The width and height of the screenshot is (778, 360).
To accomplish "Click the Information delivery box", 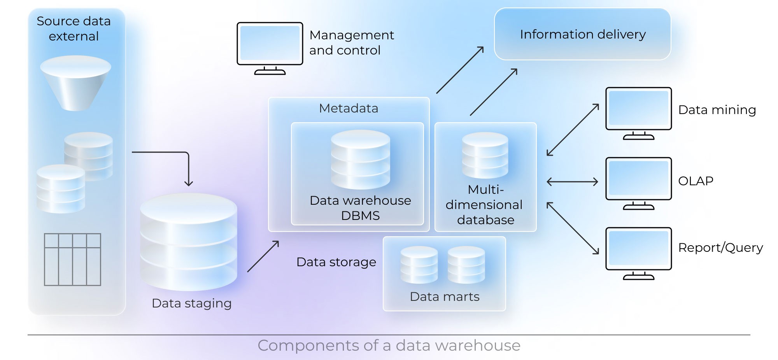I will [x=582, y=34].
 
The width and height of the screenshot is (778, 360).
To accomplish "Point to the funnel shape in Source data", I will [x=75, y=82].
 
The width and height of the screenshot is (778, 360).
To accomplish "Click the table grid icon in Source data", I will [x=72, y=260].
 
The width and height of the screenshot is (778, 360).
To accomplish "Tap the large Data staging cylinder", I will [x=189, y=241].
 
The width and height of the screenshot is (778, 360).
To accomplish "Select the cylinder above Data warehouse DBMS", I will [x=360, y=160].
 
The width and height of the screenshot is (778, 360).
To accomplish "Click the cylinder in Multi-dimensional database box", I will [x=485, y=156].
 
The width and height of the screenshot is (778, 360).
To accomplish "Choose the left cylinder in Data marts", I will [x=419, y=265].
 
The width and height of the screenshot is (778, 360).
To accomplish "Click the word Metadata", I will [x=348, y=108].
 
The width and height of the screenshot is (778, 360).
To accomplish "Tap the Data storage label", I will [x=336, y=262].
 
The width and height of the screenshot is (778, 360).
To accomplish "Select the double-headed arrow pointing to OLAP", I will [x=572, y=182].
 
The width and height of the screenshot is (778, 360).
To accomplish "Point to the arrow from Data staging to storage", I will [x=263, y=256].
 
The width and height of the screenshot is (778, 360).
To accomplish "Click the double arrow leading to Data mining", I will [x=573, y=130].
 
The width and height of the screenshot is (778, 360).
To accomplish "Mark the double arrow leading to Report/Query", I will [x=573, y=228].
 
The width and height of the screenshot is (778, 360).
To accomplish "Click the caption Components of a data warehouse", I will [x=389, y=346].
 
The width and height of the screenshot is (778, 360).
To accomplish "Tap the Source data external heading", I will [x=74, y=28].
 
